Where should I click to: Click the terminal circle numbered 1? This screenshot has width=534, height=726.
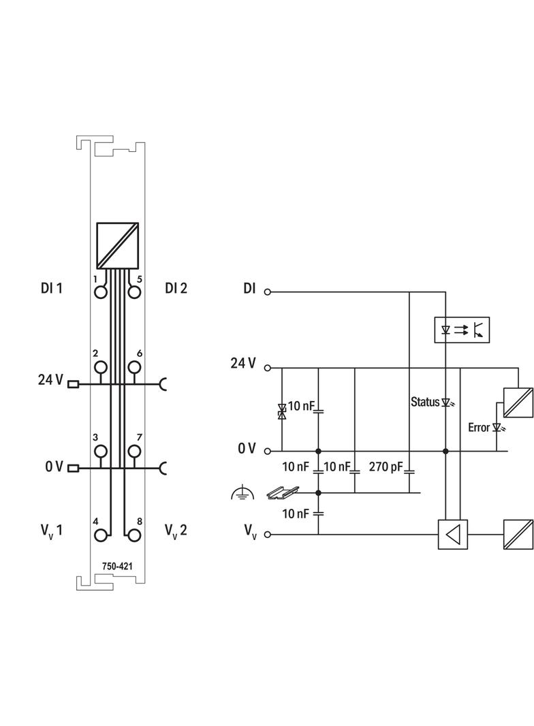pos(101,292)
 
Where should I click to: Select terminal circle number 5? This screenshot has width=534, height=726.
pos(134,292)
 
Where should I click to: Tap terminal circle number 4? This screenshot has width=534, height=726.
pos(101,535)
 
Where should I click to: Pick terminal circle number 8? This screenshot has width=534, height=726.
pos(134,535)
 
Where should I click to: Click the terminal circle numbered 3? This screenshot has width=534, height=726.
pos(101,451)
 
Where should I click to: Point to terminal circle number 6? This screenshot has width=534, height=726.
pos(134,368)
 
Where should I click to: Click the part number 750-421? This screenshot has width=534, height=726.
pos(117,565)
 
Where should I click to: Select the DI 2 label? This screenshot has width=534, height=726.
pos(176,288)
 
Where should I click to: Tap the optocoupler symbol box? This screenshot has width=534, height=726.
pos(462,330)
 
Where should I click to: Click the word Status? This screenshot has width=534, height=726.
pos(425,402)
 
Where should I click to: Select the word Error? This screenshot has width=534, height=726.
pos(479,428)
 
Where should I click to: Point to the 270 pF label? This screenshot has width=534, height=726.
pos(385,467)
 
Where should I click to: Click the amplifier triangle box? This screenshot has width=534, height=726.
pos(454,534)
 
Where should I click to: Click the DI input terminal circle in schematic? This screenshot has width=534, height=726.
pos(268,291)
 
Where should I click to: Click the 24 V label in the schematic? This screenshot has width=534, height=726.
pos(243,363)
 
